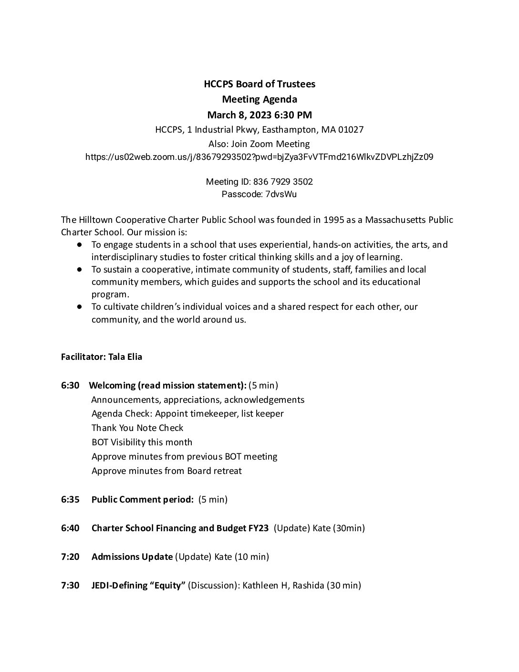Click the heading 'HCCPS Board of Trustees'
[259, 84]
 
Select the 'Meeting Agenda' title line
[259, 99]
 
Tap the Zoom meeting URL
[259, 157]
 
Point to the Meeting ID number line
[259, 182]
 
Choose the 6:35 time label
[70, 500]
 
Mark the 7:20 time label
[70, 557]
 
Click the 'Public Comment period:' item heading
[142, 500]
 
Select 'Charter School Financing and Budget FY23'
[180, 528]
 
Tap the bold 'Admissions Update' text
[132, 557]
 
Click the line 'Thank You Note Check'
[137, 428]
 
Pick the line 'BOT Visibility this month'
[142, 442]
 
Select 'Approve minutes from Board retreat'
[166, 471]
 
